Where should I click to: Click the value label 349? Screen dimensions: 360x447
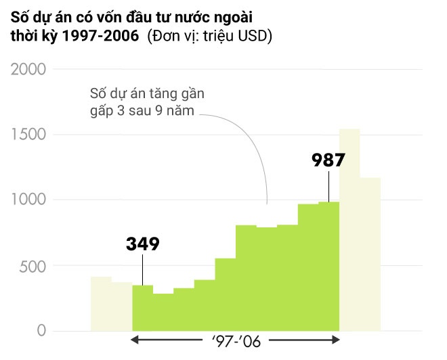click(143, 244)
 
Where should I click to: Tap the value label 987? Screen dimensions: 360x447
click(328, 160)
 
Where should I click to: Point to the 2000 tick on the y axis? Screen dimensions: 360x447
click(28, 70)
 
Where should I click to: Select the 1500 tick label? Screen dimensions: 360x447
click(28, 135)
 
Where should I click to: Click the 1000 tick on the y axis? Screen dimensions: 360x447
click(28, 200)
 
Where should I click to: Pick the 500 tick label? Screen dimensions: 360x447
click(33, 266)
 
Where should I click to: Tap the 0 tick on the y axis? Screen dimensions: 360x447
click(41, 331)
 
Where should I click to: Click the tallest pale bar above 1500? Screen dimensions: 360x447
click(349, 230)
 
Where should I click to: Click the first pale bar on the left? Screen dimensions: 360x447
click(101, 304)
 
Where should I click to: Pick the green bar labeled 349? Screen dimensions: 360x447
click(142, 308)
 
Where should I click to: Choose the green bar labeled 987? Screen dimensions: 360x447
click(328, 267)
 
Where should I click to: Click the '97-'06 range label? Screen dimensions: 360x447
click(235, 341)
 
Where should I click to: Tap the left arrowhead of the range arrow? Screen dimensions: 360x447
click(135, 341)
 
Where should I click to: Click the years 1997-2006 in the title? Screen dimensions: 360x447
click(101, 36)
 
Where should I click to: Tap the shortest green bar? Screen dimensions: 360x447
click(163, 312)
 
